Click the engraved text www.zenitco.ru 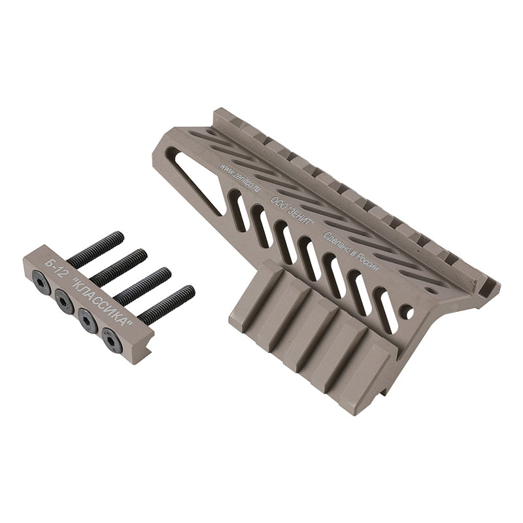(239, 177)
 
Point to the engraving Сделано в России (351, 252)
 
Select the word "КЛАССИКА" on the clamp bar (102, 302)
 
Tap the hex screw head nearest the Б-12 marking (41, 282)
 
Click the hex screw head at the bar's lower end (112, 340)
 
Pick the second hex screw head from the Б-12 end (64, 301)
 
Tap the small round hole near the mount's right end (409, 312)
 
